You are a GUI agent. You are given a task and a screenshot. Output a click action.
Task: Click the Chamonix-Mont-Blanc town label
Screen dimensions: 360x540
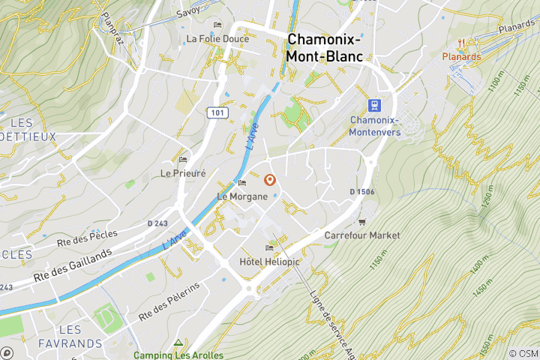[324, 47]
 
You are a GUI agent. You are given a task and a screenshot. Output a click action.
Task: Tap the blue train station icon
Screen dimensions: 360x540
[374, 106]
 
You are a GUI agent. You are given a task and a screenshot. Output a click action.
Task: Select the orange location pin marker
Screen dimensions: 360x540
[270, 181]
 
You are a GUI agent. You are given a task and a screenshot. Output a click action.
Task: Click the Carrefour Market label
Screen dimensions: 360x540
[361, 235]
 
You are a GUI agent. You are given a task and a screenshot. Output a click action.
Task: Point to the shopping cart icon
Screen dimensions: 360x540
[362, 222]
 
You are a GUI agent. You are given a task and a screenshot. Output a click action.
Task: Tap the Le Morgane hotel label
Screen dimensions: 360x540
[242, 196]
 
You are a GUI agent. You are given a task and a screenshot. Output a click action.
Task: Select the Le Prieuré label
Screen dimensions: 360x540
[183, 172]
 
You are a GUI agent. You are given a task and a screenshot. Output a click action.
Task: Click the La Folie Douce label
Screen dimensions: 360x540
[217, 38]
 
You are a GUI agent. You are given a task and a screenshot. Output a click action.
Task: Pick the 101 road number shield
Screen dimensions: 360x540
[217, 112]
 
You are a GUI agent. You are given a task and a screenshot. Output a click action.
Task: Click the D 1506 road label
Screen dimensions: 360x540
[361, 192]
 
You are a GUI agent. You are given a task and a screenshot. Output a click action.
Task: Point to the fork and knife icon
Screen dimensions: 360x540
[466, 43]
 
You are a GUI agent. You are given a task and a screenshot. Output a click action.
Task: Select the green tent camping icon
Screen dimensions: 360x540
[178, 342]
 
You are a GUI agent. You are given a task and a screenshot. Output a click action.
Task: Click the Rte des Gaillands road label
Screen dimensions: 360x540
[73, 265]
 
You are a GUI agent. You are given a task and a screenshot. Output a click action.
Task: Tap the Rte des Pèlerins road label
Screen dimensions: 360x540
[169, 301]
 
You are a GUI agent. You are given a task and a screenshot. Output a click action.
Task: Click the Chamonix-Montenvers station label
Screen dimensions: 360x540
[374, 126]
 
